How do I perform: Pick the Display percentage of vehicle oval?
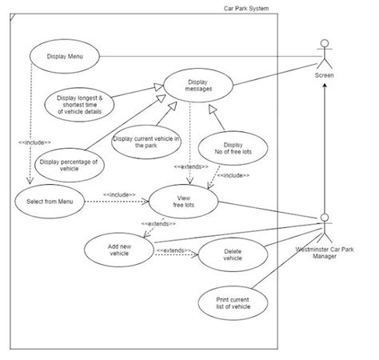click(70, 165)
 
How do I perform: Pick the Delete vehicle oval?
click(231, 255)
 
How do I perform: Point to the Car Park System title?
click(246, 8)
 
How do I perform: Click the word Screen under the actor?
click(324, 76)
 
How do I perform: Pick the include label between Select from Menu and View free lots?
click(120, 194)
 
